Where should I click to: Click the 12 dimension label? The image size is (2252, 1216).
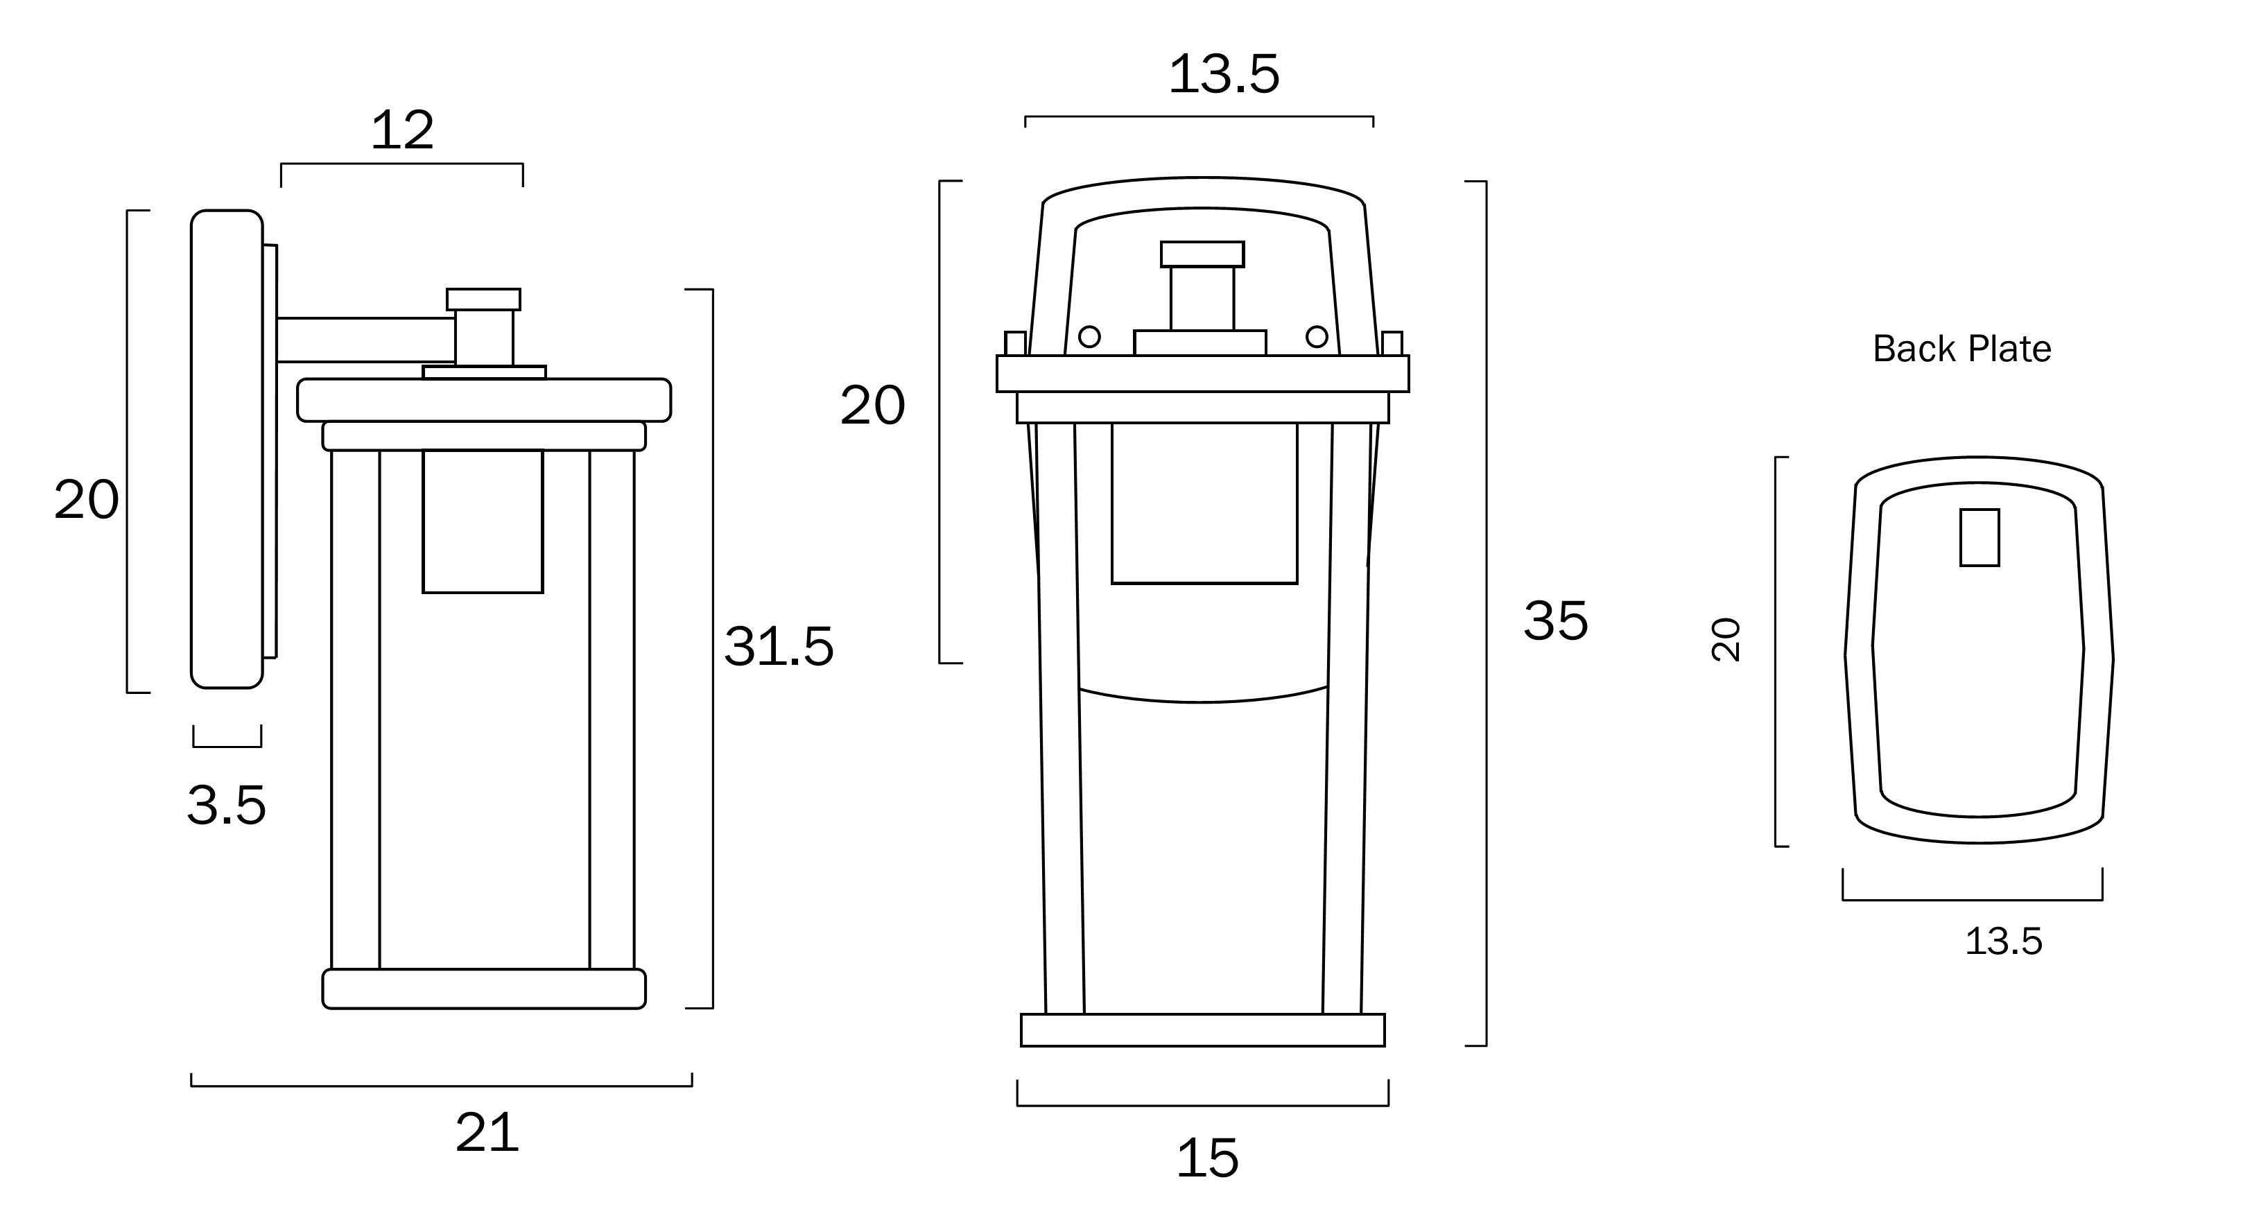tap(402, 131)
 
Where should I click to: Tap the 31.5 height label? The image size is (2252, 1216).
tap(778, 647)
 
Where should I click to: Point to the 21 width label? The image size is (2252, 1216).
tap(487, 1134)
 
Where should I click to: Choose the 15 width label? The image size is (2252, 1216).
tap(1207, 1158)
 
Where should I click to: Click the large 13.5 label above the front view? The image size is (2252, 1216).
tap(1223, 74)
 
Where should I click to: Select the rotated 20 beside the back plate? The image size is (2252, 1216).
tap(1726, 640)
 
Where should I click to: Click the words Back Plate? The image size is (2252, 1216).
tap(1961, 349)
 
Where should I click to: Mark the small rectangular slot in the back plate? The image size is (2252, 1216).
tap(1980, 537)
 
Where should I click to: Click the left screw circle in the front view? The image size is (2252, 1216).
tap(1089, 336)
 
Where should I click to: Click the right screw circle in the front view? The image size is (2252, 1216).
tap(1317, 336)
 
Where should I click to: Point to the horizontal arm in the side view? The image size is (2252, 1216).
tap(365, 340)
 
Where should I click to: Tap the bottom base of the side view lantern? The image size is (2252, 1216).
tap(483, 989)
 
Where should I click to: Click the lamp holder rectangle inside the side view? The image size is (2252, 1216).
tap(483, 521)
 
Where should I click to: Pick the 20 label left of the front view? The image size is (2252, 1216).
tap(872, 406)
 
